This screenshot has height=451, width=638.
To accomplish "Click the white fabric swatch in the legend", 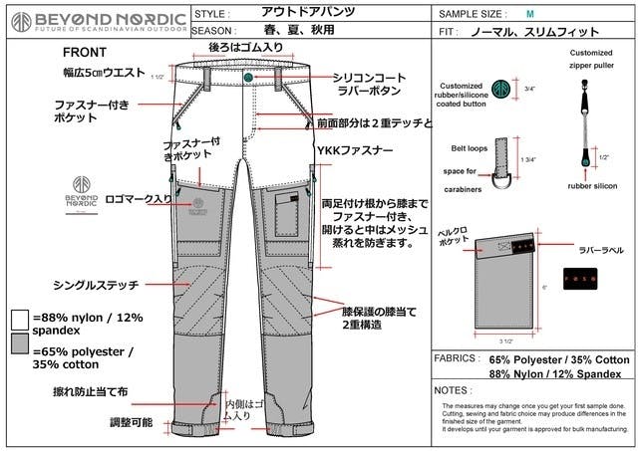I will [x=21, y=319].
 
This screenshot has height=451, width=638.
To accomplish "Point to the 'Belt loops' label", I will [x=469, y=147].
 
